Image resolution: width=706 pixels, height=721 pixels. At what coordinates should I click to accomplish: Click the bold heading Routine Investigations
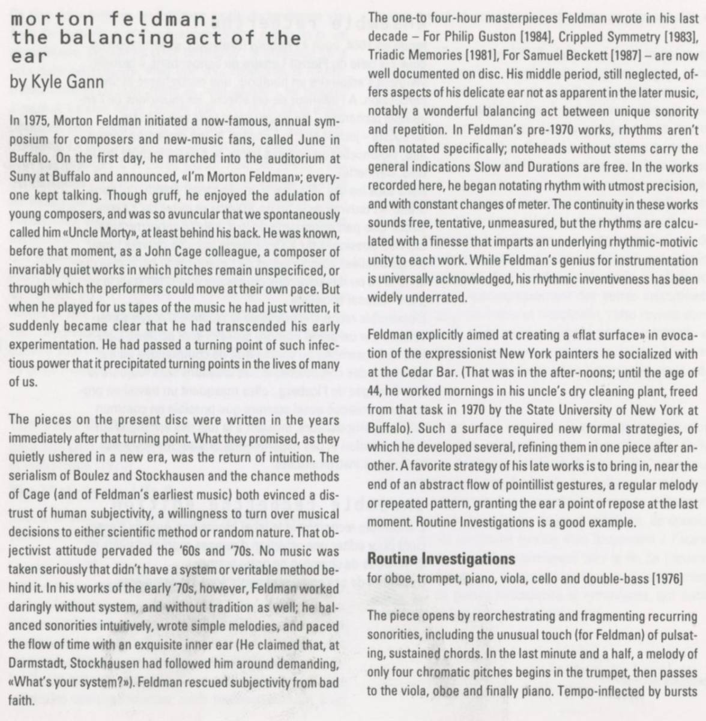point(441,559)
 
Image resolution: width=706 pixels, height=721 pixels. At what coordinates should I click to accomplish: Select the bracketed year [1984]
point(534,36)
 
